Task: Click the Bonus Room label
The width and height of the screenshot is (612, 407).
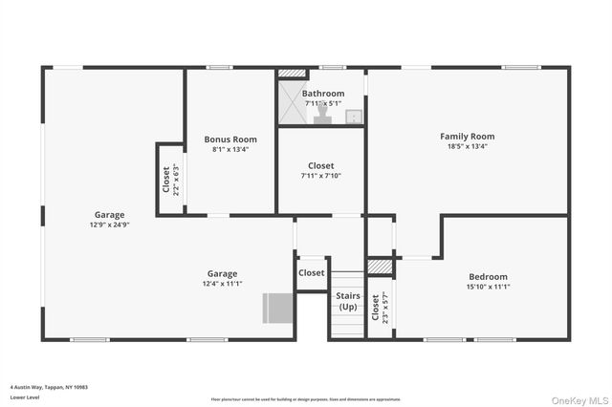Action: pos(234,139)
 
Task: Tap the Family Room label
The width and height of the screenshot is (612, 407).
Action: pos(467,136)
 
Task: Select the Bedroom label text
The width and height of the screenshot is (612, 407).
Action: pos(488,276)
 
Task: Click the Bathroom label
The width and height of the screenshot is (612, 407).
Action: pos(323,94)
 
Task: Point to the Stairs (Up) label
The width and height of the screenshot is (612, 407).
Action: pos(347,301)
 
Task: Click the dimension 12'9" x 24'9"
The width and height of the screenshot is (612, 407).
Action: pos(109,225)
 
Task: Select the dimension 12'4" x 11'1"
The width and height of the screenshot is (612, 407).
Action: pos(222,284)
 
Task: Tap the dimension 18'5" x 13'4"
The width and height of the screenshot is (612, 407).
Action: pos(467,146)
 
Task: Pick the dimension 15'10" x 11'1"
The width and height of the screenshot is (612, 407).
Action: pos(488,287)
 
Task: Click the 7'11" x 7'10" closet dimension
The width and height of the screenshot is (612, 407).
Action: pos(321,176)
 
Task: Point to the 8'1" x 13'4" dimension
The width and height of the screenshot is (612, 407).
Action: pos(234,149)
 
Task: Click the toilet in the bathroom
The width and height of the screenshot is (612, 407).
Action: pos(323,116)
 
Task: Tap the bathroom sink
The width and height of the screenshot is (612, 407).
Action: pos(353,117)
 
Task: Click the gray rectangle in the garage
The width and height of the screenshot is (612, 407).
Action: pos(277,309)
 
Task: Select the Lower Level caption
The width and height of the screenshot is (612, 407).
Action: pos(25,396)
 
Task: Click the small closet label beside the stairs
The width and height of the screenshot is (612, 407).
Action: pos(311,273)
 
